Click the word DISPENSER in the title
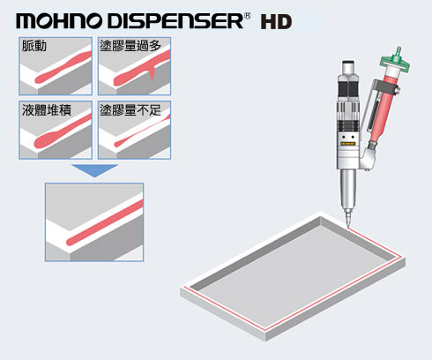coord(175,21)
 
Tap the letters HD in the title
coord(276,22)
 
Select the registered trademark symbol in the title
coord(247,16)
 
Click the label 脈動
coord(34,46)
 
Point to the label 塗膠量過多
coord(130,46)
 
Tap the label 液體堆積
coord(47,110)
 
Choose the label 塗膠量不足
coord(130,110)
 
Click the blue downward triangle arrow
coord(94,169)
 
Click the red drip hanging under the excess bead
coord(152,74)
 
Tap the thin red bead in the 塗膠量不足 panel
coord(142,131)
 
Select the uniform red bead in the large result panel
coord(105,222)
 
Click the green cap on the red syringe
coord(395,60)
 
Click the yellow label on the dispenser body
coord(348,144)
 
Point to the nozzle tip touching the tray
coord(348,227)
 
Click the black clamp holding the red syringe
coord(385,87)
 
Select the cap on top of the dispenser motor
coord(348,67)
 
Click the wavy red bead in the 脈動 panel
coord(63,68)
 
